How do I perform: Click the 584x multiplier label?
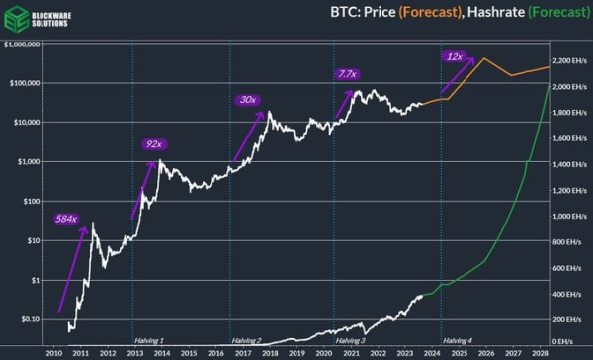click(x=66, y=217)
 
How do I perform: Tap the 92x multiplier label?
click(x=153, y=144)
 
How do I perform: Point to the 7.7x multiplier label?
click(x=347, y=73)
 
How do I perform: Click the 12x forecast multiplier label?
click(x=456, y=56)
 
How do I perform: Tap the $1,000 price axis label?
click(x=30, y=162)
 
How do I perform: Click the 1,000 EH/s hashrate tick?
click(x=570, y=215)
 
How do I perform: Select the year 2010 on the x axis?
click(x=55, y=352)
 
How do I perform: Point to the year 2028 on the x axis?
click(x=540, y=352)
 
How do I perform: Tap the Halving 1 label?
click(x=148, y=340)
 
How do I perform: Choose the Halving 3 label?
click(x=350, y=340)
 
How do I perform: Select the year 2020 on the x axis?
click(x=324, y=352)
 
